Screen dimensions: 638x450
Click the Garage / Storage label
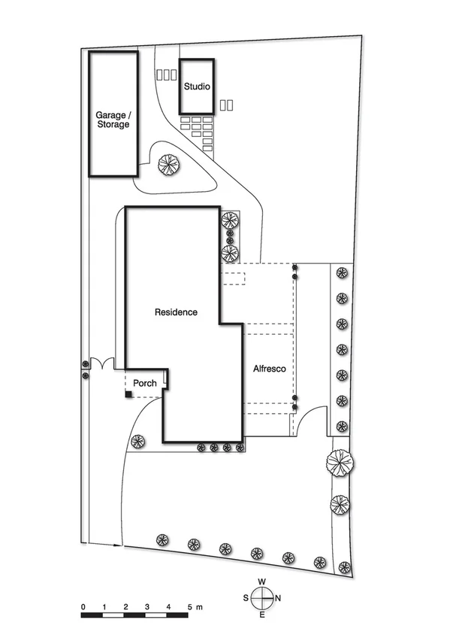tap(113, 120)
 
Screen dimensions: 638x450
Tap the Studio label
tap(197, 87)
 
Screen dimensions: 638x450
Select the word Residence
tap(176, 311)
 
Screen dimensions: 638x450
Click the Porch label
tap(145, 383)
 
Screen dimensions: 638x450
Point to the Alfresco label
tap(268, 369)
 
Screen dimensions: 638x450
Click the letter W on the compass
tap(262, 582)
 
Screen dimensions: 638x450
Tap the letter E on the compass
tap(262, 615)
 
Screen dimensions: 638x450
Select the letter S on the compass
tap(246, 599)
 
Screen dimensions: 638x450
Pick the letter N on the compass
tap(279, 599)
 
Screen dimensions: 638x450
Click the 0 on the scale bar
tap(83, 606)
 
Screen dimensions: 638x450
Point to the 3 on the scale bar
tap(147, 606)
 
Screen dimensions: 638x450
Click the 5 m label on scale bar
tap(194, 606)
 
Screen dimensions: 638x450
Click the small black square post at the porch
tap(129, 394)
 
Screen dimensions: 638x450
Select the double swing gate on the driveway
tap(101, 364)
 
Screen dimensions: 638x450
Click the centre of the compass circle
tap(262, 599)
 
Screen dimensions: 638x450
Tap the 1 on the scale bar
tap(104, 606)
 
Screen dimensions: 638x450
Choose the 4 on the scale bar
tap(168, 606)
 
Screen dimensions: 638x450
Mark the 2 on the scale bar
tap(125, 606)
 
